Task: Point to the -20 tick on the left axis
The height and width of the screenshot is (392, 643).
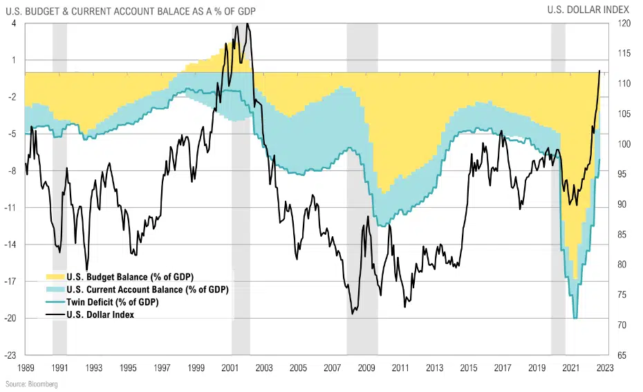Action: (x=12, y=319)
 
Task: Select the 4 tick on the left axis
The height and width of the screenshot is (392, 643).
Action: (x=14, y=24)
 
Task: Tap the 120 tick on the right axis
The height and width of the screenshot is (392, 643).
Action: (x=623, y=24)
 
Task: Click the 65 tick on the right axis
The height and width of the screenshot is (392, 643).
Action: (x=622, y=355)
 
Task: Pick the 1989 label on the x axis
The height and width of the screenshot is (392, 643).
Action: (x=26, y=368)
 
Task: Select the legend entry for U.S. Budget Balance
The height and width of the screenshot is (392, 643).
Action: (x=124, y=277)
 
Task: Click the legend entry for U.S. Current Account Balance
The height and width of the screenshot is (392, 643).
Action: (x=147, y=289)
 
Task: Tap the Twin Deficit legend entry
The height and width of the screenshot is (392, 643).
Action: (x=112, y=302)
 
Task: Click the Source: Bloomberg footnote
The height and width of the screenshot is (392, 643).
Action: (x=32, y=384)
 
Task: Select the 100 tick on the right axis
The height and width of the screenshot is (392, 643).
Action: (x=623, y=144)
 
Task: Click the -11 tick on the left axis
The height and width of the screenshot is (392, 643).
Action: (x=12, y=208)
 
